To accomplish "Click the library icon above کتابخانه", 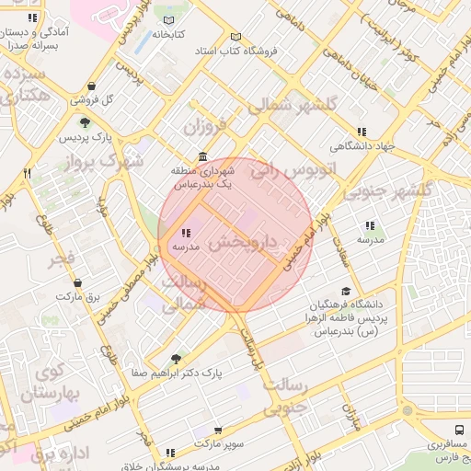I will pos(167,19).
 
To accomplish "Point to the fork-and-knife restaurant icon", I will pos(28,173).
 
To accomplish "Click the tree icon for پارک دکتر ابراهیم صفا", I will pos(176,358).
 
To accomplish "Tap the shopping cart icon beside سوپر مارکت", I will pos(217,430).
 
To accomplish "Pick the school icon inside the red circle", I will pos(186,234).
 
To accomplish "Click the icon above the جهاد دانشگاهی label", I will pos(362,132).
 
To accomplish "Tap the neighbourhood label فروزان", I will pos(202,124).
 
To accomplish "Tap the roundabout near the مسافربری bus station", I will pos(406,411).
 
